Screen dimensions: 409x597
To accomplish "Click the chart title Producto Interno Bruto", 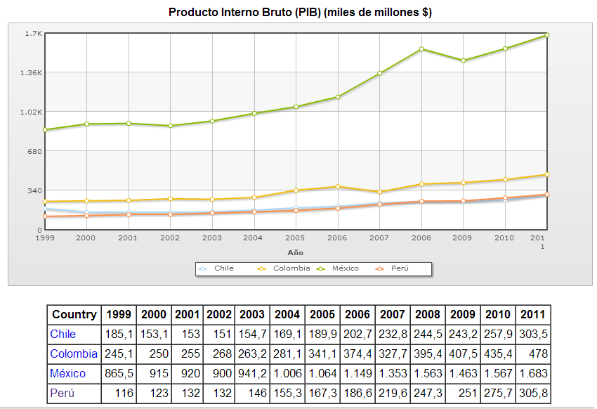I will (300, 13).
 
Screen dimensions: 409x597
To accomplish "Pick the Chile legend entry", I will (223, 268).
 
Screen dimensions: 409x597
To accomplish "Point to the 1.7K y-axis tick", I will (34, 34).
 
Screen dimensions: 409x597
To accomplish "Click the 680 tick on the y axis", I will (34, 151).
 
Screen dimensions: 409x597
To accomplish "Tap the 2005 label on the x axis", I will (296, 238).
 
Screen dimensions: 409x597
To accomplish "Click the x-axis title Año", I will (296, 252).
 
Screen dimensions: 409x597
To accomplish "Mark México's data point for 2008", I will (421, 49).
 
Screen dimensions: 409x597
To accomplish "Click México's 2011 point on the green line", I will (547, 35).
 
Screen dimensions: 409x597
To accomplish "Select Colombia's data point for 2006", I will (338, 187).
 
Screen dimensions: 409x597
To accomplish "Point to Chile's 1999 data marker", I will (45, 209).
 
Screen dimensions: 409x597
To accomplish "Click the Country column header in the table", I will (74, 315).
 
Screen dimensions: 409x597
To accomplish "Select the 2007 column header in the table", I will (392, 315).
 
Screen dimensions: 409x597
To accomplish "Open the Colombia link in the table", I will (74, 353).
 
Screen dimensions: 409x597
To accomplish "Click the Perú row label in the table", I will (63, 393).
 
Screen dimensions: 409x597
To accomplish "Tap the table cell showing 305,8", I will (533, 393).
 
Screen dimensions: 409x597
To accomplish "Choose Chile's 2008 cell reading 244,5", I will (426, 335).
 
